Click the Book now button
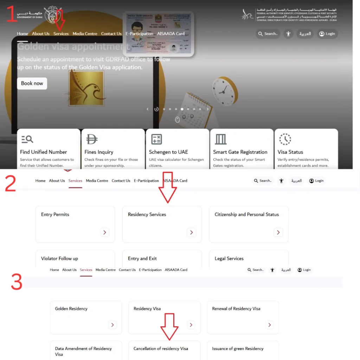(x=32, y=83)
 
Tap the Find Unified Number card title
(x=43, y=152)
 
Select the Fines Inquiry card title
(x=99, y=152)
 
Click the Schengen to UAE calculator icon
(x=156, y=139)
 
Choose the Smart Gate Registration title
(x=240, y=152)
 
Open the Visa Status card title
(x=290, y=152)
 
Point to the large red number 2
(x=11, y=184)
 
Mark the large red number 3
(x=16, y=282)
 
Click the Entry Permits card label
(x=55, y=214)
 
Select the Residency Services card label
(x=147, y=214)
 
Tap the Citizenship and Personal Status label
(x=247, y=214)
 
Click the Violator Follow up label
(x=59, y=258)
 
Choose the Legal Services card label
(x=229, y=258)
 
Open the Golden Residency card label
(x=71, y=309)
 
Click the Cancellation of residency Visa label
(x=161, y=349)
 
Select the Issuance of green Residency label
(x=238, y=349)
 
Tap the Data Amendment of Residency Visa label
(x=83, y=351)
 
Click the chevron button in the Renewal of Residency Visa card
(x=270, y=325)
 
